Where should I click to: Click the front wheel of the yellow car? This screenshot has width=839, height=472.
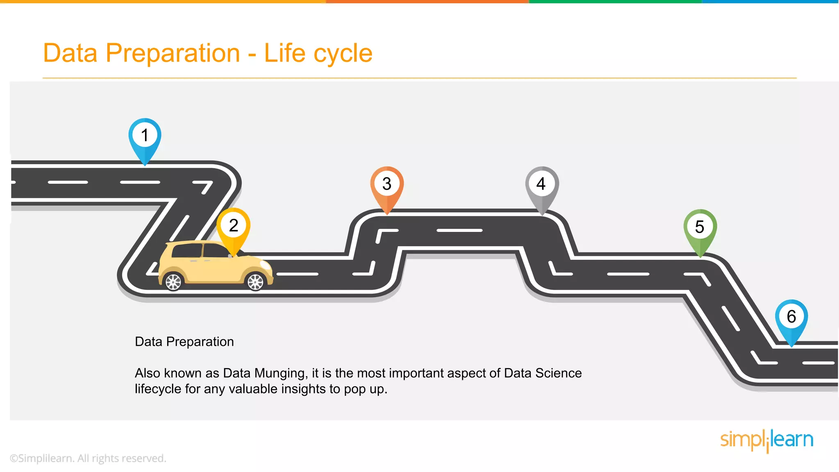point(256,282)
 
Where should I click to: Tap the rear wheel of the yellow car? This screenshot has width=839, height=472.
point(173,282)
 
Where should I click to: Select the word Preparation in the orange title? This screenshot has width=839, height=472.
point(172,53)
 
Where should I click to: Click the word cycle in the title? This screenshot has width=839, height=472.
point(343,53)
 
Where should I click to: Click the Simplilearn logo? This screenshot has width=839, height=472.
point(766,440)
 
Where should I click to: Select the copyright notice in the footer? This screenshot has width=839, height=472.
point(88,458)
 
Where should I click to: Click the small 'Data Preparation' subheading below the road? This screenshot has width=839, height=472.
point(184,342)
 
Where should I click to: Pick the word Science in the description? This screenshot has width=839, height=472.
point(558,373)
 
